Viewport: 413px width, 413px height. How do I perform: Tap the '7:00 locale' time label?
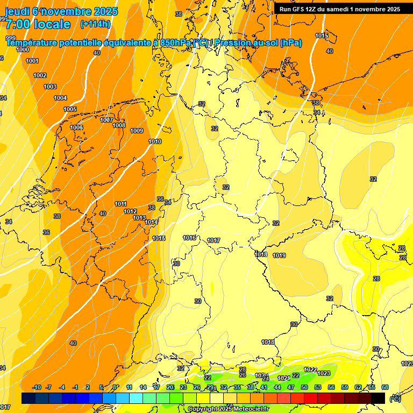pos(38,24)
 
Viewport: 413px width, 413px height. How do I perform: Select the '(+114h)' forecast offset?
pos(95,24)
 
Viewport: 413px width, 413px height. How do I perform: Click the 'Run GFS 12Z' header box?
pos(339,9)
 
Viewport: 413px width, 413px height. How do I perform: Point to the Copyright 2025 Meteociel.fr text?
pos(228,409)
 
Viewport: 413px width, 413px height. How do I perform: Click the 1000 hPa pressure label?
pos(23,49)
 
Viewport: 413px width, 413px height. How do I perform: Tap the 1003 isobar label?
pos(50,87)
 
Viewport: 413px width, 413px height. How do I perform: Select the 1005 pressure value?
pos(70,109)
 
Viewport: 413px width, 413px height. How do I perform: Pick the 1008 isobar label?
pos(119,125)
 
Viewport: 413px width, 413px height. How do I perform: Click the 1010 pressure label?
pos(155,141)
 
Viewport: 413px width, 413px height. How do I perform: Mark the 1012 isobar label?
pos(130,211)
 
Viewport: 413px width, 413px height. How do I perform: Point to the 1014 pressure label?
pos(151,222)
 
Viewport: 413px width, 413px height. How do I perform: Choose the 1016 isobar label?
pos(189,238)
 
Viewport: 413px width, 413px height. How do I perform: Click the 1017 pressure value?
pos(213,240)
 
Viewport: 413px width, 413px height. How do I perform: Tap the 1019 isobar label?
pos(279,255)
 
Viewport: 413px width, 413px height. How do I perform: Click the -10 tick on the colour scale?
pos(37,387)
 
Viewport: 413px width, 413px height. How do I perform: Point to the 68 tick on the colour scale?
pos(385,387)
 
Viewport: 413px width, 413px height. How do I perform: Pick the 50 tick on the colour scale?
pos(304,387)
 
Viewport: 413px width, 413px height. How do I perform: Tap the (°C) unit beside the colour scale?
pos(395,398)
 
